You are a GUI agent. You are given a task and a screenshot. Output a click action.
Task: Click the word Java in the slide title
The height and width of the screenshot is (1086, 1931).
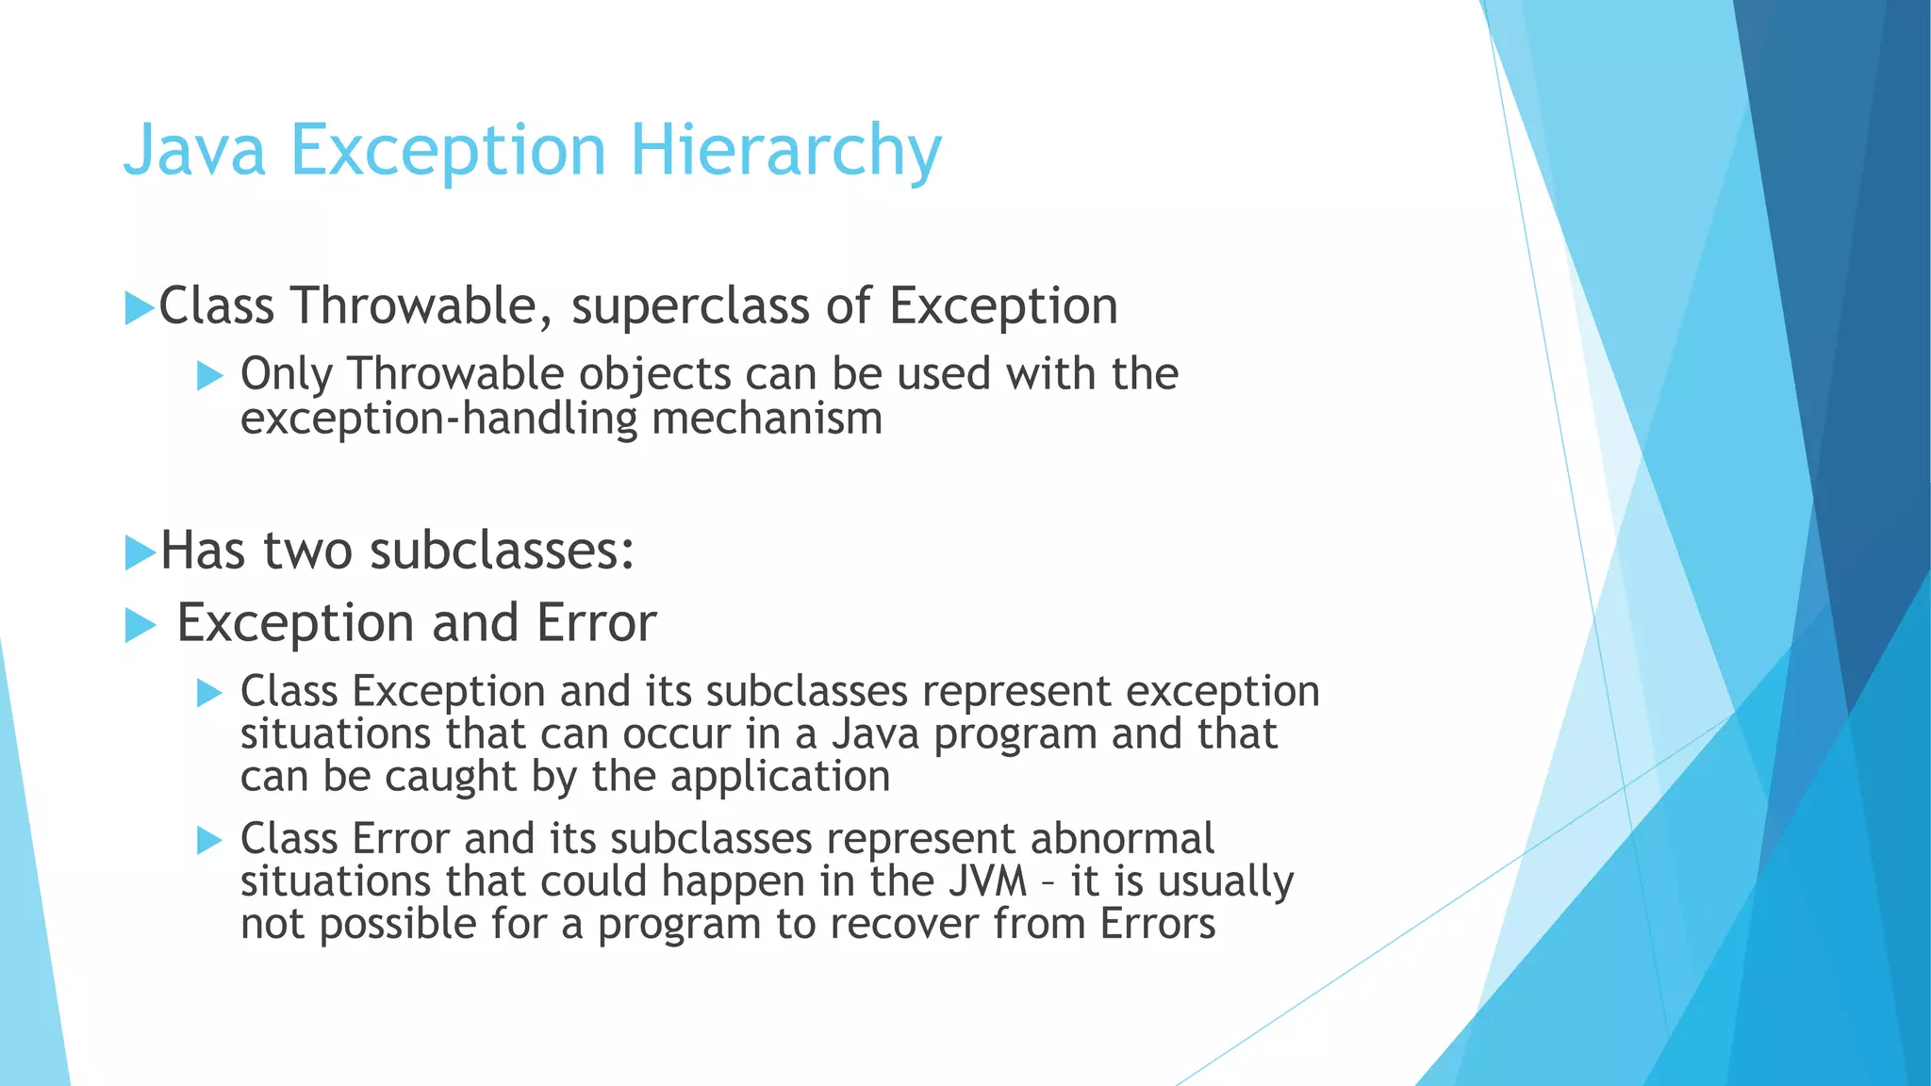click(x=194, y=151)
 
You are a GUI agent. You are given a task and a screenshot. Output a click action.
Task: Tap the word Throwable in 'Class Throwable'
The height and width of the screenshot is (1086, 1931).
click(x=414, y=306)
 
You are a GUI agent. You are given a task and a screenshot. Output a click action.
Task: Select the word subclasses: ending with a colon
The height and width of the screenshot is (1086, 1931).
click(x=502, y=551)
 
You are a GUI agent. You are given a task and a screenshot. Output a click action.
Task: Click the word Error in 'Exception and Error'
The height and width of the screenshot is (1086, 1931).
click(x=596, y=623)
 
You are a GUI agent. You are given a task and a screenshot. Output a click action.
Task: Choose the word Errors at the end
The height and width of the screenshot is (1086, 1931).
click(x=1157, y=924)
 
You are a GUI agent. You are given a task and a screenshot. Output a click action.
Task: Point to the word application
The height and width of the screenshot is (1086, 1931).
click(x=780, y=777)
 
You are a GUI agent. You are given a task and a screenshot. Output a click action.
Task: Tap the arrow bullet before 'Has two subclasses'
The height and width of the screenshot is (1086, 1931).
click(x=139, y=552)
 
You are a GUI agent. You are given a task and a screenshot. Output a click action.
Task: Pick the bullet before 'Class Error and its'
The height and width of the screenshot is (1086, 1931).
click(x=209, y=840)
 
